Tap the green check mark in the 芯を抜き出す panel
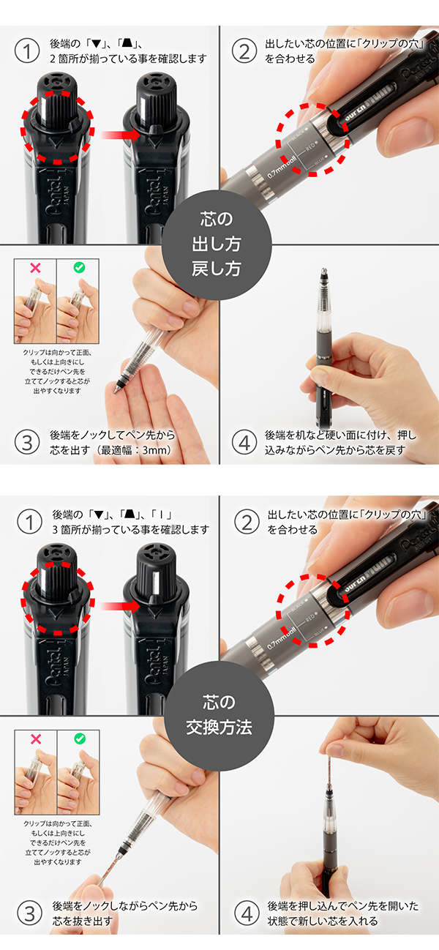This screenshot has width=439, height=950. (x=78, y=741)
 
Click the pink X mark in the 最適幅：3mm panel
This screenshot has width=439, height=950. (x=34, y=269)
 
